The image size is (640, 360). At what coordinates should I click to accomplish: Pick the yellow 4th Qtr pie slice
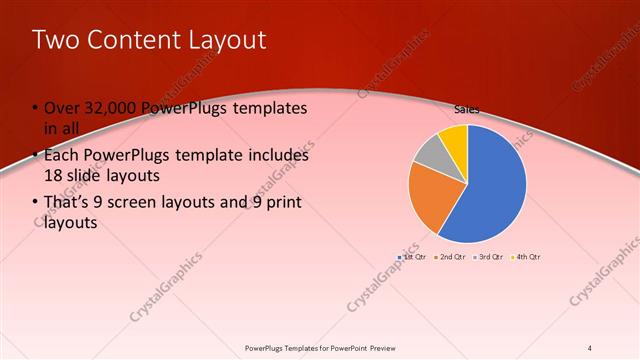[454, 137]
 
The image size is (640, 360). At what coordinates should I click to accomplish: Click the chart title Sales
[466, 107]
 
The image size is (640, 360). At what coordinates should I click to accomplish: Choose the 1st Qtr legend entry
[412, 257]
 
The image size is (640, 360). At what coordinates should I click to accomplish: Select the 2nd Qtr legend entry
[450, 257]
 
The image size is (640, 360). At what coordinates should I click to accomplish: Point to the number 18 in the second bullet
[53, 175]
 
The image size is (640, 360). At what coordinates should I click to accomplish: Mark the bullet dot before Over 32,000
[35, 108]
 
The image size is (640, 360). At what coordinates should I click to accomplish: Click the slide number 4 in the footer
[590, 348]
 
